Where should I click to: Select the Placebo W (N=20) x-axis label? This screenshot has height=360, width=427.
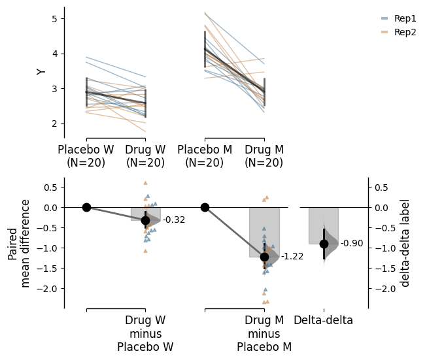pos(86,156)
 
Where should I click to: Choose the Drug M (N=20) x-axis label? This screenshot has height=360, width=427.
pos(264,156)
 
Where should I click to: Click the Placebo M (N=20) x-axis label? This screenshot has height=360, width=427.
pos(205,156)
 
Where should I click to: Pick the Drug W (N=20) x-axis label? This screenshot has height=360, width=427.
pos(145,156)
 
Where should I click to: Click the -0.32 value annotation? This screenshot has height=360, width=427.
pos(174,220)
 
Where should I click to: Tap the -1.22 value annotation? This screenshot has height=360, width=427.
pos(292,257)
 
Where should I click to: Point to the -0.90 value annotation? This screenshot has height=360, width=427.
pos(352,244)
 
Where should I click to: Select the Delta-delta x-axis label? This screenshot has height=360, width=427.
pos(323,320)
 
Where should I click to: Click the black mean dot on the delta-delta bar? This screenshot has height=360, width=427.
pos(324,244)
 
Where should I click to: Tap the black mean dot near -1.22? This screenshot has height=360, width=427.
pos(264,257)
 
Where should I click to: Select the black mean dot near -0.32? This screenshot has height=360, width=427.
pos(145,220)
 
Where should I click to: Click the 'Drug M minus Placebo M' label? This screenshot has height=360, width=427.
pos(264,333)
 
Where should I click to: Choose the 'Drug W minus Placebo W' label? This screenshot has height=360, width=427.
pos(145,333)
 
